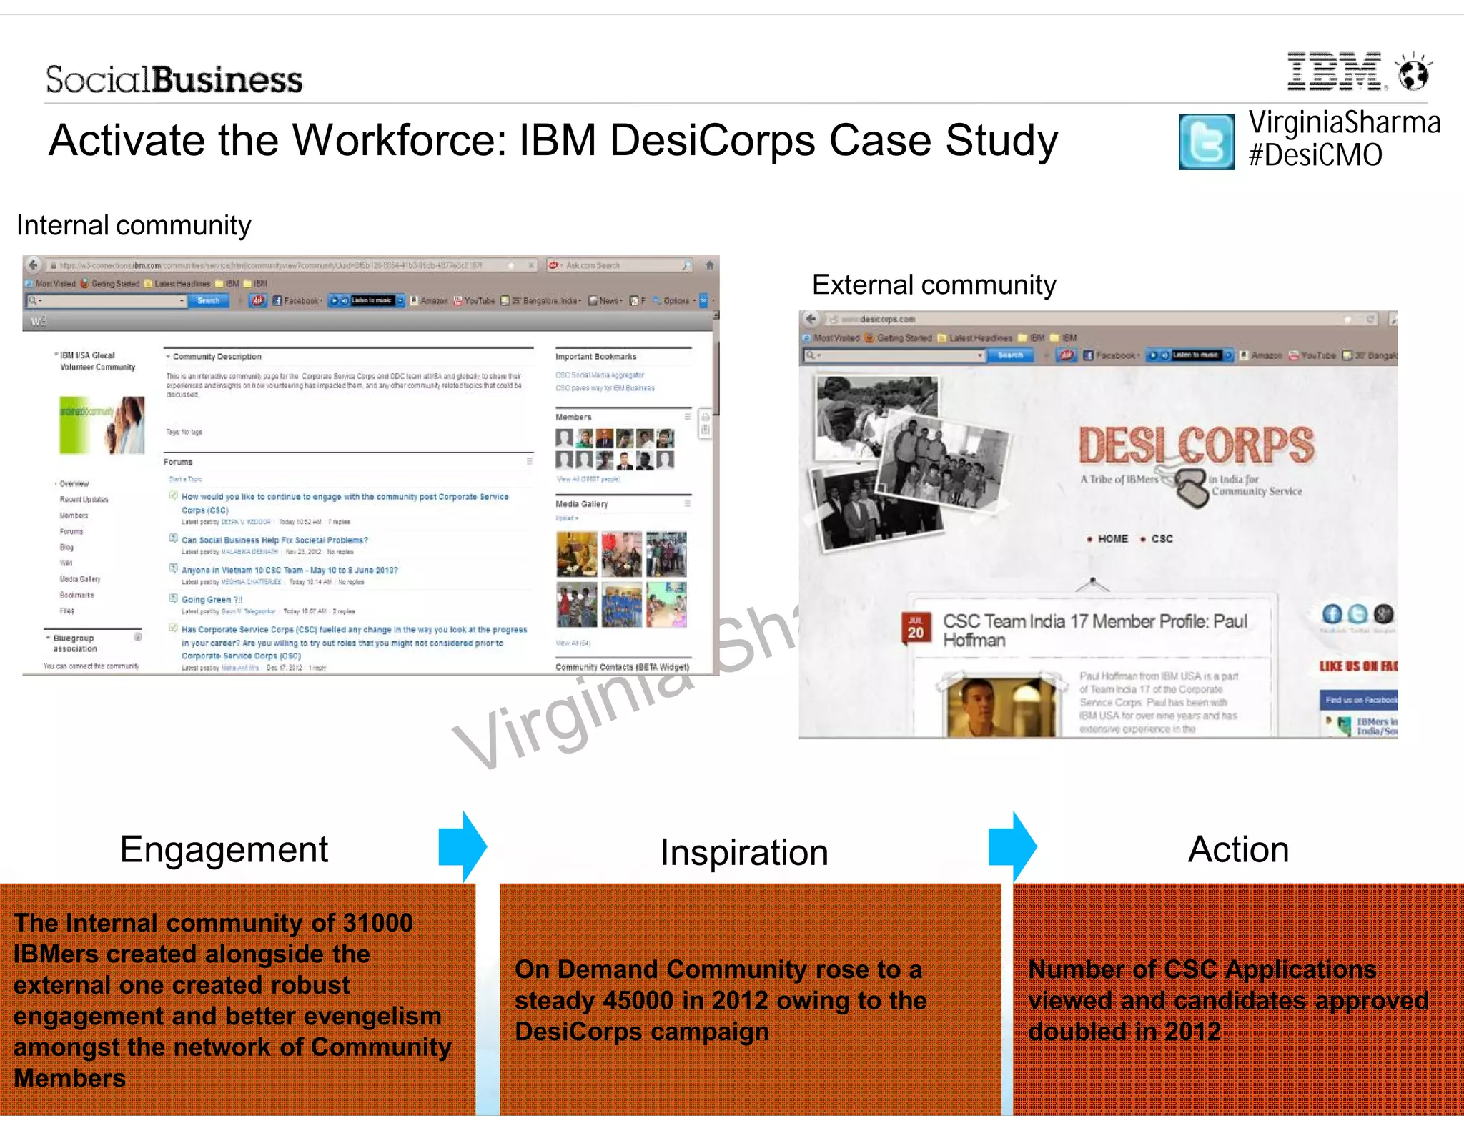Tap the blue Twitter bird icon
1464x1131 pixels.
[1206, 142]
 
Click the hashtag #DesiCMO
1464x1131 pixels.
[1315, 155]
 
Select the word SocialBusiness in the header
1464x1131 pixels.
[174, 79]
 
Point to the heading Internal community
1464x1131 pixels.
[134, 225]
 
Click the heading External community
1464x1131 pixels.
[934, 285]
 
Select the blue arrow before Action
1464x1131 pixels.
[1012, 846]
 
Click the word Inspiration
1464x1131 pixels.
[743, 852]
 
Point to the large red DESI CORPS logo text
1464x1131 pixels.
[1196, 445]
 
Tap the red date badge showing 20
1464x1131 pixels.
[915, 627]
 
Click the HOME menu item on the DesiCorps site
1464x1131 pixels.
[1112, 539]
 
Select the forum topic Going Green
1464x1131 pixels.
[212, 600]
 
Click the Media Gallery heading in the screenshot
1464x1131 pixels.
[582, 504]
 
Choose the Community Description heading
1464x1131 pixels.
[217, 356]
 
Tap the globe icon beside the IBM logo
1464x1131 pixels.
[1413, 72]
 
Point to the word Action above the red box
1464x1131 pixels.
[1238, 849]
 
